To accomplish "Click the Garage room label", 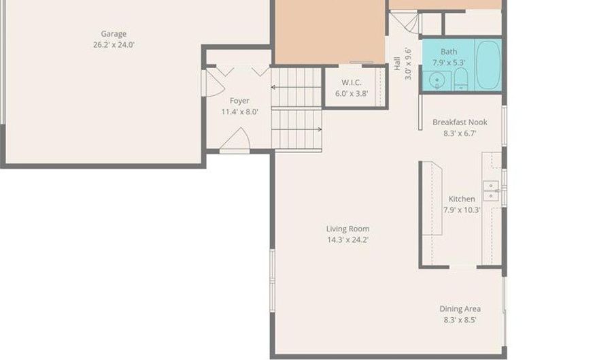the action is pyautogui.click(x=114, y=34).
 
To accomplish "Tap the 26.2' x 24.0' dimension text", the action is pyautogui.click(x=114, y=44).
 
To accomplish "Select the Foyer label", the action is pyautogui.click(x=239, y=101).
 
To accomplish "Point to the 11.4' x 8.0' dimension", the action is pyautogui.click(x=239, y=112).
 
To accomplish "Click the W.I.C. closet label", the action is pyautogui.click(x=352, y=82).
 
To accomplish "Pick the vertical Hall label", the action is pyautogui.click(x=397, y=64).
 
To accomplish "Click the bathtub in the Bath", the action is pyautogui.click(x=488, y=65).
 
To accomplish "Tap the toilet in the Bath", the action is pyautogui.click(x=461, y=79).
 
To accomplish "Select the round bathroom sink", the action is pyautogui.click(x=437, y=80).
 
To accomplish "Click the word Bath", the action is pyautogui.click(x=449, y=52).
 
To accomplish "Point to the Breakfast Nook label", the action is pyautogui.click(x=460, y=122).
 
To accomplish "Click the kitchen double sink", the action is pyautogui.click(x=491, y=191).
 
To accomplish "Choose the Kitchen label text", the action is pyautogui.click(x=461, y=199).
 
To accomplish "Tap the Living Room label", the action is pyautogui.click(x=347, y=229).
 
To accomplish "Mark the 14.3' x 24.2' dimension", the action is pyautogui.click(x=347, y=240).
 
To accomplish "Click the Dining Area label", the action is pyautogui.click(x=460, y=309).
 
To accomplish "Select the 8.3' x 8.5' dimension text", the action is pyautogui.click(x=460, y=320).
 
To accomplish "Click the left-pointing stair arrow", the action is pyautogui.click(x=296, y=87).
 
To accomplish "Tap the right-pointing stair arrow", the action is pyautogui.click(x=296, y=129).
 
